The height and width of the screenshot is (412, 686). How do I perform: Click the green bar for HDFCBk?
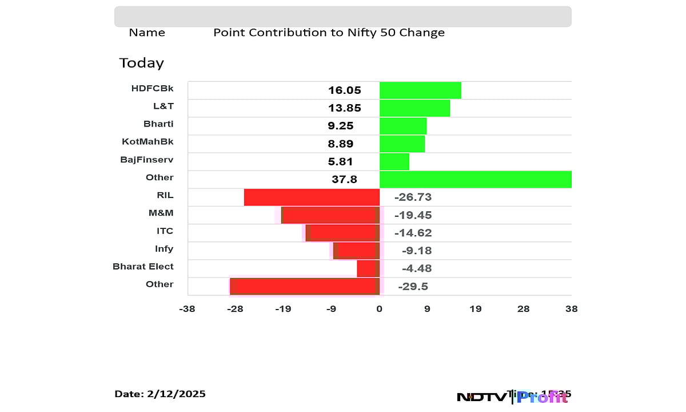pyautogui.click(x=420, y=90)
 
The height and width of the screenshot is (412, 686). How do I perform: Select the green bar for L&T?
pyautogui.click(x=414, y=108)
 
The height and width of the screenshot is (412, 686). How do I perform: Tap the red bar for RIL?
pyautogui.click(x=312, y=197)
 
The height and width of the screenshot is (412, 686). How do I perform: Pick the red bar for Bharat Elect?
pyautogui.click(x=366, y=268)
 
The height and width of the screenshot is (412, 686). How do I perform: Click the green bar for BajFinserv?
pyautogui.click(x=394, y=161)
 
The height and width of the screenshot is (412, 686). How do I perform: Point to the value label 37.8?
pyautogui.click(x=344, y=180)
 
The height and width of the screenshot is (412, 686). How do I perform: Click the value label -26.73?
pyautogui.click(x=413, y=197)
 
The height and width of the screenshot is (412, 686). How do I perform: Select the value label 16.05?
pyautogui.click(x=345, y=90)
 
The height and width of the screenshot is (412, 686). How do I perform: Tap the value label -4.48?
pyautogui.click(x=413, y=268)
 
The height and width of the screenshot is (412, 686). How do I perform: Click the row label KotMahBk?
pyautogui.click(x=147, y=142)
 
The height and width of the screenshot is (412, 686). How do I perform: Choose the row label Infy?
pyautogui.click(x=164, y=249)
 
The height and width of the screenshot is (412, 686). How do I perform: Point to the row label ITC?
pyautogui.click(x=165, y=231)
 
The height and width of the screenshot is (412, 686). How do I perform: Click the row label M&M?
pyautogui.click(x=161, y=213)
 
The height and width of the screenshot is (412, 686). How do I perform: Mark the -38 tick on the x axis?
pyautogui.click(x=187, y=309)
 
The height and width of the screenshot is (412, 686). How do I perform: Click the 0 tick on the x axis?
pyautogui.click(x=379, y=309)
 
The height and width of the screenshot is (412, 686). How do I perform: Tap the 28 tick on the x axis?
pyautogui.click(x=523, y=309)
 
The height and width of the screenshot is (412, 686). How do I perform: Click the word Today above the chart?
pyautogui.click(x=141, y=63)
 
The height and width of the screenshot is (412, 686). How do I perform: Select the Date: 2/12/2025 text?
pyautogui.click(x=160, y=394)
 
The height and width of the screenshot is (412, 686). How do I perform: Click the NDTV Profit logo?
pyautogui.click(x=512, y=396)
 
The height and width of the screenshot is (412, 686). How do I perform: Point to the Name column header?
pyautogui.click(x=147, y=33)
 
